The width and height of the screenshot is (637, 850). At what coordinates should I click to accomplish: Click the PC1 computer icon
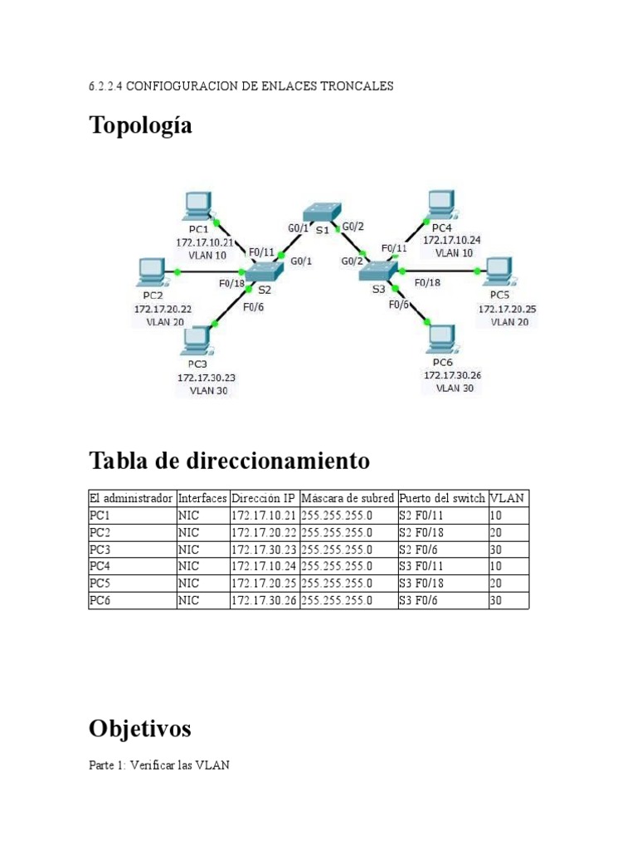click(198, 206)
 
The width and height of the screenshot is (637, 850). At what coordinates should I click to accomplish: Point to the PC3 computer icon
click(197, 339)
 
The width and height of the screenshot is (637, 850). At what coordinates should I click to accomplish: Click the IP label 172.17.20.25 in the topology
click(507, 309)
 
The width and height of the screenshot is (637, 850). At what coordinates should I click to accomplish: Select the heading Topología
click(141, 126)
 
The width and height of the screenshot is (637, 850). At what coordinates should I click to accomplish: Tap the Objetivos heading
click(139, 729)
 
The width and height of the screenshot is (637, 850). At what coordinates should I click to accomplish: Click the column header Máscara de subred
click(348, 498)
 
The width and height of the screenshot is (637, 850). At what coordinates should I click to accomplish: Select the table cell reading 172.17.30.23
click(264, 550)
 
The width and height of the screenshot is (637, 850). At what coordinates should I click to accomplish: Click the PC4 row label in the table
click(99, 567)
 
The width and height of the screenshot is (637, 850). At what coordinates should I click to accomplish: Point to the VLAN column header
click(508, 498)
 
